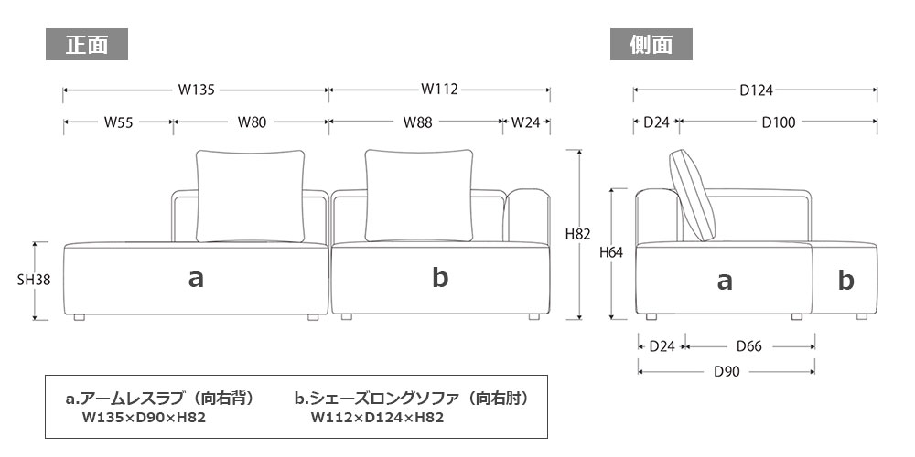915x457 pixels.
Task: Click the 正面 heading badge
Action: [x=87, y=45]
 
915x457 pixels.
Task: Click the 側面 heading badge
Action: [x=651, y=45]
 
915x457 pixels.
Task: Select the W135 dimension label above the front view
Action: [x=196, y=90]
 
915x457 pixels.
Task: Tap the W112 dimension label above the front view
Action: [x=439, y=90]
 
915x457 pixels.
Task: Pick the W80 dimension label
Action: [x=253, y=122]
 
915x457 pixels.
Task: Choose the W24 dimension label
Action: [x=525, y=122]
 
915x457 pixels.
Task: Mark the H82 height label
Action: [x=578, y=234]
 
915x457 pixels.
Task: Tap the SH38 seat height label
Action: [x=33, y=281]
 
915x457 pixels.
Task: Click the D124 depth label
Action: [x=756, y=90]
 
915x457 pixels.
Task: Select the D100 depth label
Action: [x=778, y=122]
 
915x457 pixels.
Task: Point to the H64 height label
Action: [x=611, y=253]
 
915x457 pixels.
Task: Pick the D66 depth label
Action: [x=748, y=346]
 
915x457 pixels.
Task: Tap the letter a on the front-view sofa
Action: [x=195, y=279]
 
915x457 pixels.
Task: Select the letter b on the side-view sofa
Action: [x=846, y=281]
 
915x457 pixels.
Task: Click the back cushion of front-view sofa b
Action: [x=421, y=194]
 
